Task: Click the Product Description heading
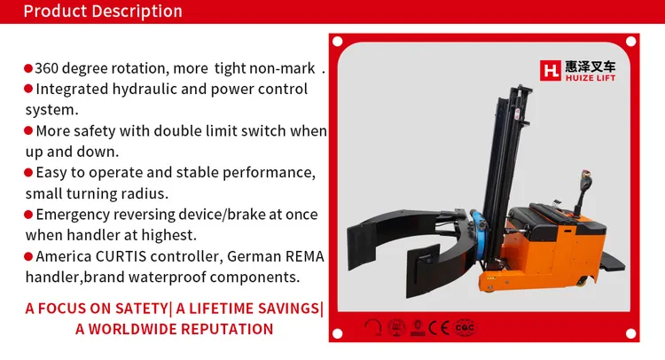(x=103, y=11)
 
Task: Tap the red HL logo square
(x=550, y=70)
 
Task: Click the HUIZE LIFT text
(x=591, y=78)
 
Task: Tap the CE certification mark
(x=439, y=328)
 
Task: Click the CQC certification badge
(x=465, y=327)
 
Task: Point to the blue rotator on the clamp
(x=479, y=236)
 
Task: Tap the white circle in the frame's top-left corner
(x=338, y=42)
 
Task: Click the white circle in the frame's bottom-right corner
(x=630, y=333)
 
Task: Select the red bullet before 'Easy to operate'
(x=28, y=173)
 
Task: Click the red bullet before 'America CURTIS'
(x=28, y=256)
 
